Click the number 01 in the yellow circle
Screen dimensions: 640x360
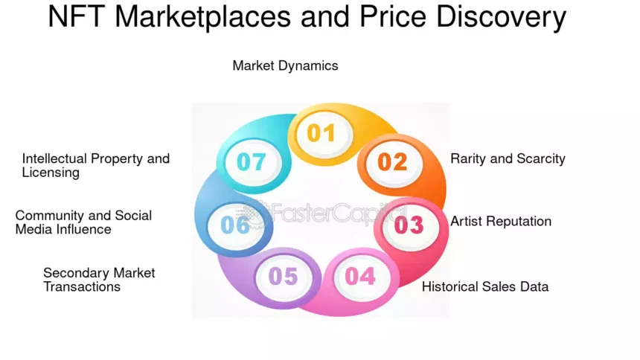point(321,133)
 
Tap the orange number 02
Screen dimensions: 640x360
point(392,162)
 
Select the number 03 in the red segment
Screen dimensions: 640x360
point(409,225)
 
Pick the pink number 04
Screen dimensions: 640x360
point(360,277)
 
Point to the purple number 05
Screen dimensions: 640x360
point(284,277)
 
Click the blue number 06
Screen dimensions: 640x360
point(235,225)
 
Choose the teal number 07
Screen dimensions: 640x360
point(252,162)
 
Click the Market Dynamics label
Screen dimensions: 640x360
point(285,65)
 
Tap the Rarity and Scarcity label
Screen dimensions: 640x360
point(508,158)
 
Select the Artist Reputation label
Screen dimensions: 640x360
point(501,221)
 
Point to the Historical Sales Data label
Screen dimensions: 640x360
point(485,286)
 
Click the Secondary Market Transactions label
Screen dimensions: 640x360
point(99,280)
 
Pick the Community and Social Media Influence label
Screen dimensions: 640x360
point(83,222)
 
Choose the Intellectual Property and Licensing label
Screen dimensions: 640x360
point(96,165)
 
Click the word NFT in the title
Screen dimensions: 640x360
point(75,16)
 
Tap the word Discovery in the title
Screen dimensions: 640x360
point(502,17)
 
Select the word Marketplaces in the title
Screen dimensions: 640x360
point(203,17)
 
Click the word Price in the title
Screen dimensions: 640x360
point(392,16)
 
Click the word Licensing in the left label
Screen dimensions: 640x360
point(51,173)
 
